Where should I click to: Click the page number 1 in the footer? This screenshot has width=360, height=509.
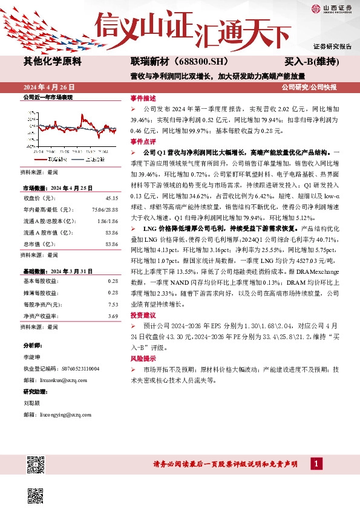(315, 464)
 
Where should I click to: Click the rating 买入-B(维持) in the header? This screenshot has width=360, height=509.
(311, 62)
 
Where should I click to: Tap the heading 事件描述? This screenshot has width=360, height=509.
(143, 98)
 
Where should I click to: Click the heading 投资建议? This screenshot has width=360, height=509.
(143, 316)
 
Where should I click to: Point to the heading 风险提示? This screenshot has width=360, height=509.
(143, 358)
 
